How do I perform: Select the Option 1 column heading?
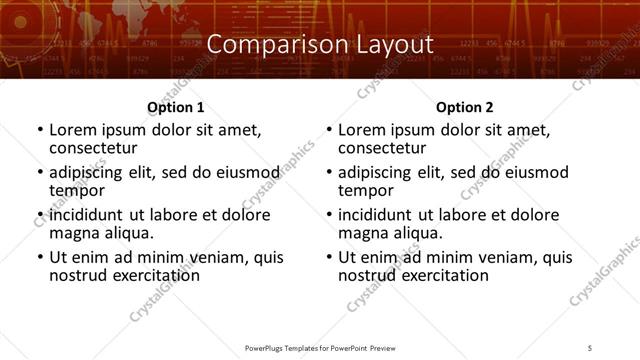(175, 107)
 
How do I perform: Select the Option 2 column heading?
(464, 107)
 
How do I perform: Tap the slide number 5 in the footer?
(590, 347)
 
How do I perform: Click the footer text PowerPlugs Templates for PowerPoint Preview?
(319, 347)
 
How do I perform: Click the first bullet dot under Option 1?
(39, 131)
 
